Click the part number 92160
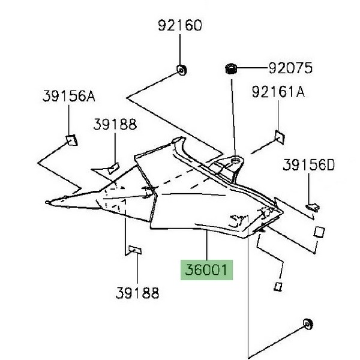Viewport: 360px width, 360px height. coord(180,26)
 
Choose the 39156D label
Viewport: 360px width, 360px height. coord(308,164)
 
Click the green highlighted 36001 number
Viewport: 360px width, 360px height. coord(206,270)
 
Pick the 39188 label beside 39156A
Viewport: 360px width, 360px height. coord(115,124)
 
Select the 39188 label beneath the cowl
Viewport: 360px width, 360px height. coord(137,293)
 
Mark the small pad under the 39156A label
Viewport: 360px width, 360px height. coord(72,140)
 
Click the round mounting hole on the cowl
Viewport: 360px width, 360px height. coord(235,161)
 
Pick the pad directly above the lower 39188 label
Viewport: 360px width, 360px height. coord(135,250)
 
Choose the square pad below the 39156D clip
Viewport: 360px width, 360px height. coord(320,232)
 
